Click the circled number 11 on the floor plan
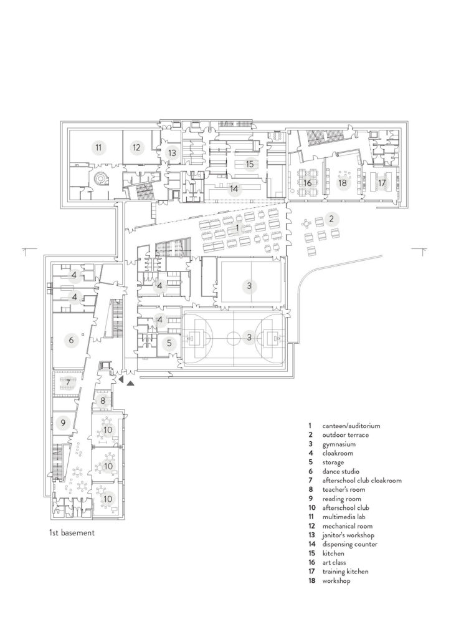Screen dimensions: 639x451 tap(98, 148)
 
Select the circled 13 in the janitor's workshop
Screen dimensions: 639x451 tap(172, 152)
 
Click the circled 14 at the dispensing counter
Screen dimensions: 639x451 tap(234, 188)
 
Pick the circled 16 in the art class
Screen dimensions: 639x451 tap(307, 183)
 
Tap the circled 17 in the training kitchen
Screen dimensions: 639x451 tap(382, 183)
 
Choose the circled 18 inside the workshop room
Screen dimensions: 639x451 tap(341, 183)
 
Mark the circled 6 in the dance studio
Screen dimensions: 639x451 tap(70, 340)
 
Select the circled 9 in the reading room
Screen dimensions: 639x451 tap(63, 423)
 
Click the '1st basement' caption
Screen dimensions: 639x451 tap(69, 534)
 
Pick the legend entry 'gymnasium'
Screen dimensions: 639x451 tap(337, 446)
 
